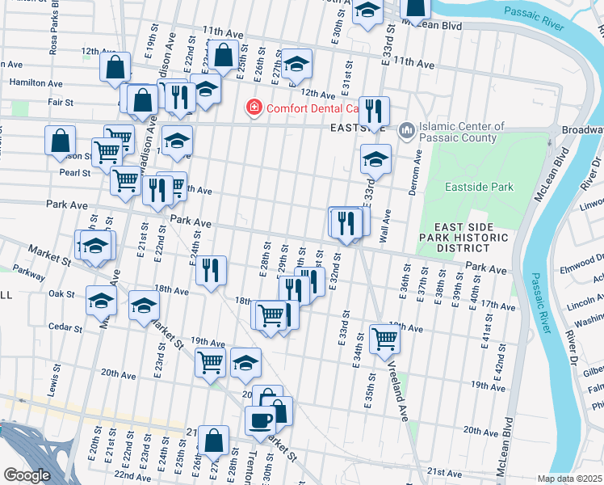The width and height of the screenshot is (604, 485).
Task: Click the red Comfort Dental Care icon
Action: [x=254, y=108]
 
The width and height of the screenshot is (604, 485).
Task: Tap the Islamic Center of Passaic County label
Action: [x=463, y=133]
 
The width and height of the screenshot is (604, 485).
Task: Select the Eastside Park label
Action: [x=480, y=187]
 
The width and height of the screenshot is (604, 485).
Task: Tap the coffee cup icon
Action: [x=260, y=421]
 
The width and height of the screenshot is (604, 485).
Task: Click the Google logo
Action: [x=27, y=475]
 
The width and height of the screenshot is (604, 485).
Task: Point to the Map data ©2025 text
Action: [x=570, y=479]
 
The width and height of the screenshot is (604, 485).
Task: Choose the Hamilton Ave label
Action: [x=36, y=82]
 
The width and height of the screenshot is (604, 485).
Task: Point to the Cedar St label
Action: [x=61, y=327]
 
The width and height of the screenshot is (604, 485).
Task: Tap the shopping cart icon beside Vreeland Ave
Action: [x=385, y=339]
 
